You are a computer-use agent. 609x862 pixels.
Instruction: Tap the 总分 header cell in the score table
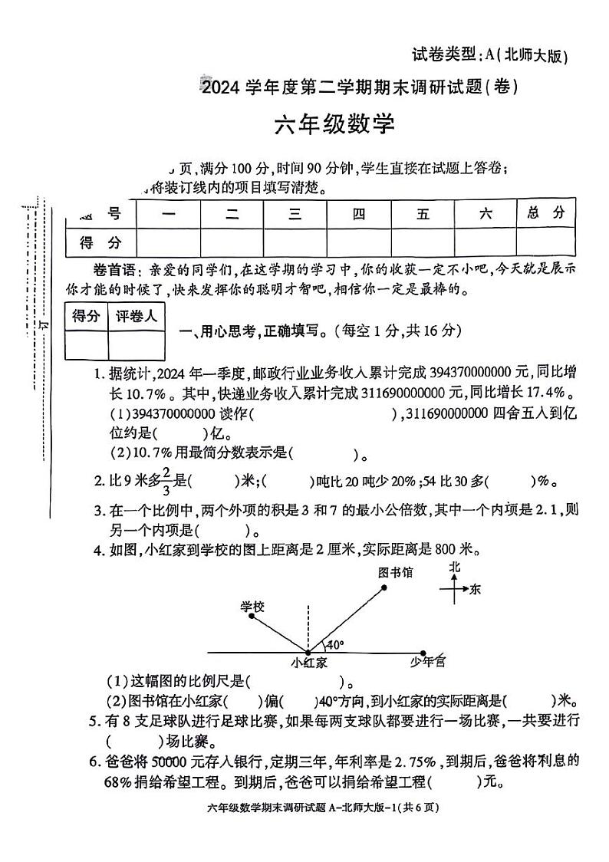tap(545, 213)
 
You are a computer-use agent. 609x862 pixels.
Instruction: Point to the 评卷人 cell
tap(136, 316)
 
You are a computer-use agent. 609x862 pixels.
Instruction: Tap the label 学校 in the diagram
tap(252, 607)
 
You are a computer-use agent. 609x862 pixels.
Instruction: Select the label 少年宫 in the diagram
tap(428, 660)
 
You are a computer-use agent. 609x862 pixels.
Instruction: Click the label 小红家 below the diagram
tap(309, 661)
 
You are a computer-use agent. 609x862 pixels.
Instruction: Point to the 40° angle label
tap(335, 644)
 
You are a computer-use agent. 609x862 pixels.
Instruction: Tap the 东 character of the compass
tap(476, 589)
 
